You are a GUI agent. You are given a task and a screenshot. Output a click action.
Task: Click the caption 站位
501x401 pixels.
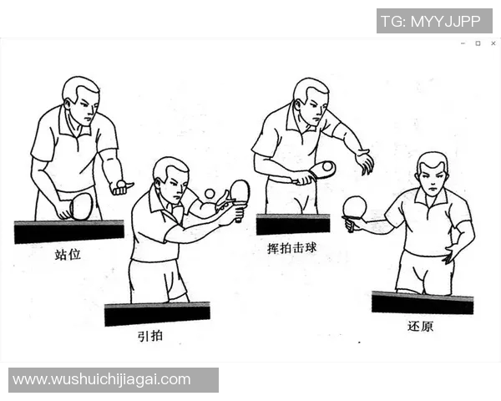[68, 254]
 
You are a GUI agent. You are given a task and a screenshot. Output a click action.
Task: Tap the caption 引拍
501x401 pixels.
[150, 337]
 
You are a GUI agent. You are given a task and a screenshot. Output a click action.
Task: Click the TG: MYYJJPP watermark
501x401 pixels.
[435, 21]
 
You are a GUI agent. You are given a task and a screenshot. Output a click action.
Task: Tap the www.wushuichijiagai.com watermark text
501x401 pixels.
[102, 380]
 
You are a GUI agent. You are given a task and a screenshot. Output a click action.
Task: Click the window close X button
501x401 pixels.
[493, 43]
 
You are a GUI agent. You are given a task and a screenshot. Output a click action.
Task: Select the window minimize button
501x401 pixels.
[463, 43]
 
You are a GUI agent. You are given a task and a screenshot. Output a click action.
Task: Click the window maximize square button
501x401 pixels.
[478, 43]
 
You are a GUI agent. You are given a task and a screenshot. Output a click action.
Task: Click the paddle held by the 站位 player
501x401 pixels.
[80, 206]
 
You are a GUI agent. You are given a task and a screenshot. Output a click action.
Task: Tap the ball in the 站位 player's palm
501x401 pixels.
[122, 183]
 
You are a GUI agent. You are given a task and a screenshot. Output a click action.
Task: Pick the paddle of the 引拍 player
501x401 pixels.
[240, 191]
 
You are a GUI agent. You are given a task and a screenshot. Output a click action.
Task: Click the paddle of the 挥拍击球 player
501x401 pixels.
[322, 170]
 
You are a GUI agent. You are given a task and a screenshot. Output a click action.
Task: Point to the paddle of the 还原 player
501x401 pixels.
[355, 206]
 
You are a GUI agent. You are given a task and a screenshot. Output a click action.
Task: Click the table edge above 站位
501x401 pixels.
[69, 231]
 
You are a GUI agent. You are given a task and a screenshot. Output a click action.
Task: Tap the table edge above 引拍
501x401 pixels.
[157, 313]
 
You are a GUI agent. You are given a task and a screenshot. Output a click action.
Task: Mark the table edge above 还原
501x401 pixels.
[422, 302]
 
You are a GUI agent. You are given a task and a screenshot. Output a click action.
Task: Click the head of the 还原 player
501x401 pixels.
[432, 173]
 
